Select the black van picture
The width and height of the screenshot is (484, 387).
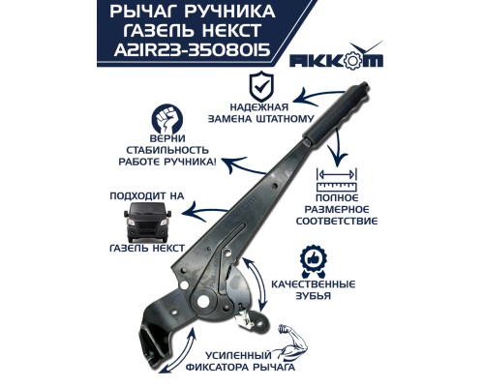coord(142,226)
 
